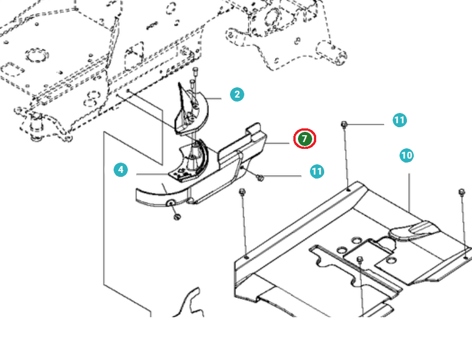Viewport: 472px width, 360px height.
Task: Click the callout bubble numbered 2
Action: pyautogui.click(x=237, y=95)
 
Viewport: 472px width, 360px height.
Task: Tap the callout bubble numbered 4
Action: pyautogui.click(x=120, y=169)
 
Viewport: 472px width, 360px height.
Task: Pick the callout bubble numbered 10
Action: pyautogui.click(x=406, y=155)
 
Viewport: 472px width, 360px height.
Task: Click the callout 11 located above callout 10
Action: pyautogui.click(x=399, y=120)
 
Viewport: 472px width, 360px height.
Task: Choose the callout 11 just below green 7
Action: pyautogui.click(x=317, y=171)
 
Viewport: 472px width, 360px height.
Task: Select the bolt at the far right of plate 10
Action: pyautogui.click(x=462, y=192)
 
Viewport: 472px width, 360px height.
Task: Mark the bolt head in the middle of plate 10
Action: pyautogui.click(x=360, y=261)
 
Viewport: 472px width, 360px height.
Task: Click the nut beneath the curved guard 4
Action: pyautogui.click(x=176, y=216)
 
